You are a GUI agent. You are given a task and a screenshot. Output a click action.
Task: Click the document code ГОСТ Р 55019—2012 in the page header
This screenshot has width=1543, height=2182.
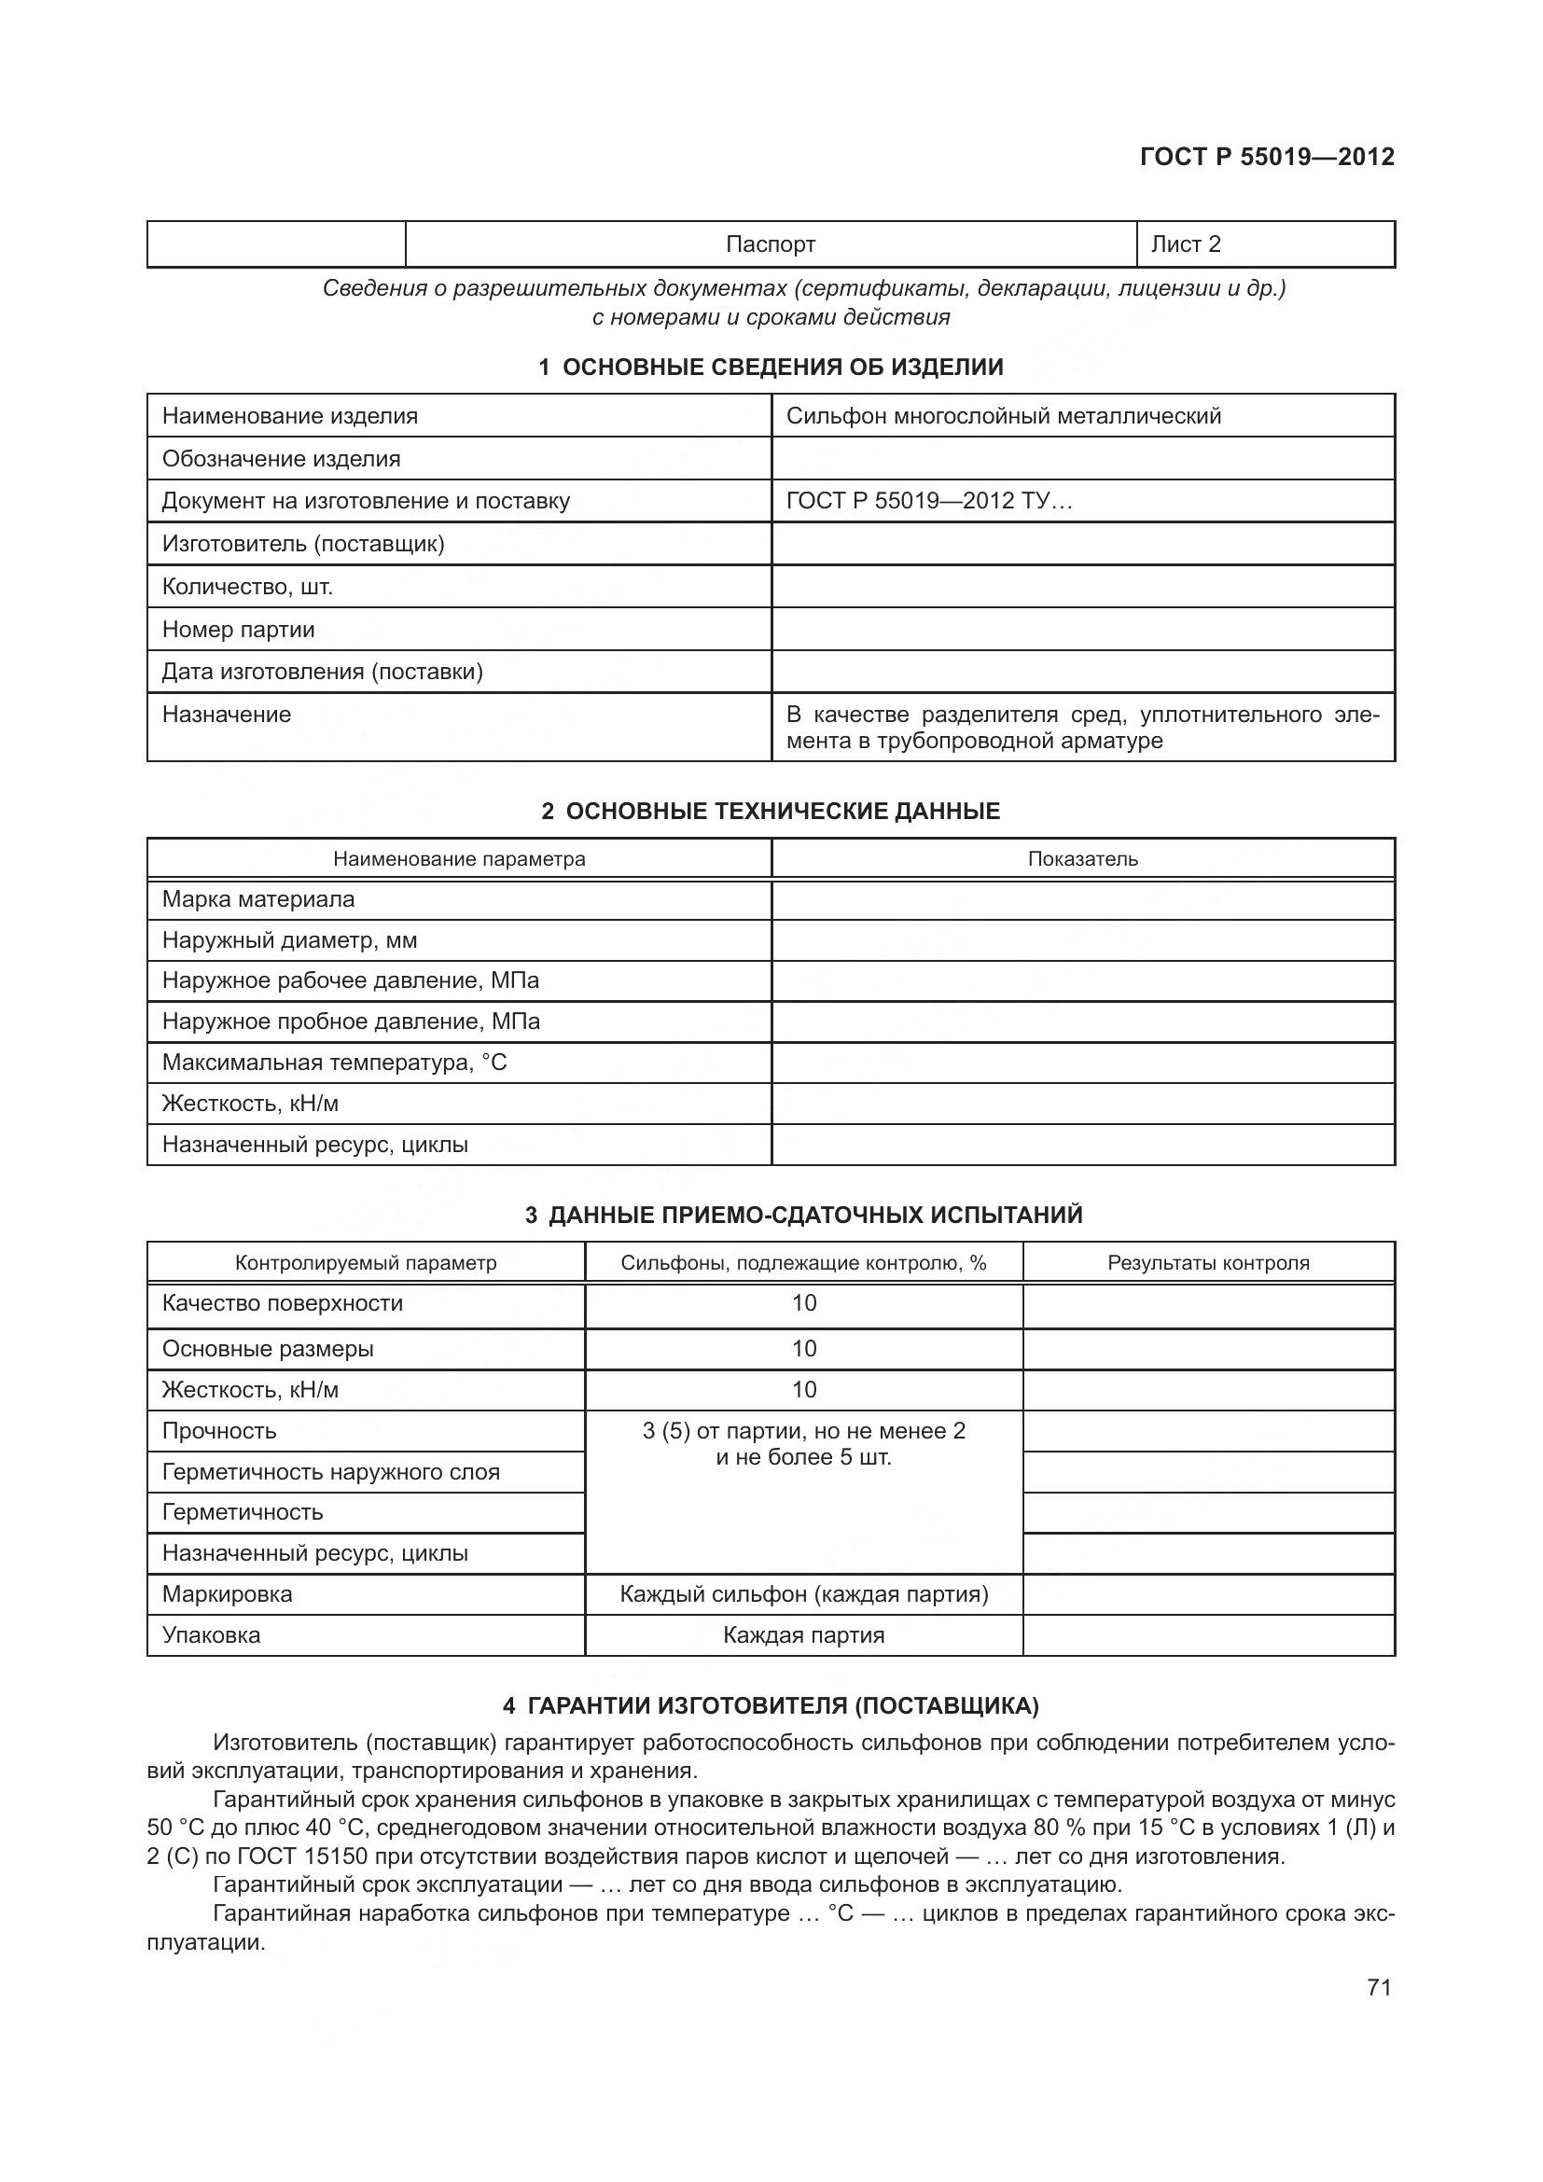(x=1267, y=157)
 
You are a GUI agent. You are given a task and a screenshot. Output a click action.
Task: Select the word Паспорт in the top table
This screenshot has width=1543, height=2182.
(x=771, y=244)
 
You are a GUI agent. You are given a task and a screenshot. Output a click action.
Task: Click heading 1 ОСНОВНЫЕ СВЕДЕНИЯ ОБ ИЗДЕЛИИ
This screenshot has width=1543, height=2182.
(x=771, y=367)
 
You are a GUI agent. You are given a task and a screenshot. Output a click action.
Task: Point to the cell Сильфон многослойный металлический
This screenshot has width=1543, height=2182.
(x=1004, y=415)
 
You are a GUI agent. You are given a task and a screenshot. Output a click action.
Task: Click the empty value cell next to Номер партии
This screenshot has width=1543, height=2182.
(x=1082, y=629)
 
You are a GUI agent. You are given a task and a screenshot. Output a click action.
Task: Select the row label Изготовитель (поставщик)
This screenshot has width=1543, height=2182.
(x=303, y=544)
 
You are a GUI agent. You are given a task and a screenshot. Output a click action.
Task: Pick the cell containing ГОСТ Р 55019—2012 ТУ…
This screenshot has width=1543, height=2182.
(x=928, y=501)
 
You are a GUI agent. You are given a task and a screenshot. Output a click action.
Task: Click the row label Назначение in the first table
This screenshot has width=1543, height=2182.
(x=226, y=715)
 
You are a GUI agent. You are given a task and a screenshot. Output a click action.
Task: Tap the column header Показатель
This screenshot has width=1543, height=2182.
(x=1082, y=859)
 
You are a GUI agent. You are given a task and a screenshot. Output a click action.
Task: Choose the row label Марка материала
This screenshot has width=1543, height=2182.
(x=258, y=899)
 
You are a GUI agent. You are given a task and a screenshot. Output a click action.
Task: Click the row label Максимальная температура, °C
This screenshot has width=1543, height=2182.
(x=335, y=1063)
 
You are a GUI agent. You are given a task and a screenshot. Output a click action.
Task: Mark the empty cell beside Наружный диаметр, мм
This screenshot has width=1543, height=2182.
(x=1082, y=941)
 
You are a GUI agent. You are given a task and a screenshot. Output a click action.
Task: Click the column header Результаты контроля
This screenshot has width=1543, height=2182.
(x=1207, y=1263)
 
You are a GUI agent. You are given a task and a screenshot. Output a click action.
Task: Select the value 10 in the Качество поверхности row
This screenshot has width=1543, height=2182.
(x=804, y=1303)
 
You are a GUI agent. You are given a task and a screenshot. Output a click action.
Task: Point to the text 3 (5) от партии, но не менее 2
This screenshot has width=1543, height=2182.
(x=804, y=1431)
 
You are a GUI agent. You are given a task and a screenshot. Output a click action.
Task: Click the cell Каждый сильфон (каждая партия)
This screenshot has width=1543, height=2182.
(x=804, y=1593)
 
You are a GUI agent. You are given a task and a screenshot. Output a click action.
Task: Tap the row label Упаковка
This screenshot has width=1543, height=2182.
(x=211, y=1635)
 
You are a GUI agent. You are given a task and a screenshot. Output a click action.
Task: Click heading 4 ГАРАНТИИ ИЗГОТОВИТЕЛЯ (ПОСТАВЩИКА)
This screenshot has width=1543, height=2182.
(x=771, y=1706)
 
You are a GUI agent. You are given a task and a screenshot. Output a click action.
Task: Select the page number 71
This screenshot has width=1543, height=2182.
(x=1379, y=1988)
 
